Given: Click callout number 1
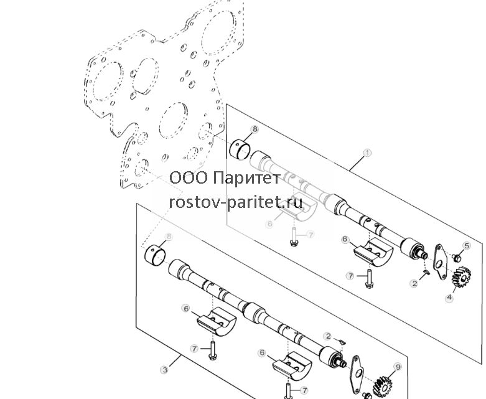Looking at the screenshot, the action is click(x=367, y=153).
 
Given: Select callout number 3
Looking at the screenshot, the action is click(x=164, y=370).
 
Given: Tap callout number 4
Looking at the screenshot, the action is click(x=449, y=298).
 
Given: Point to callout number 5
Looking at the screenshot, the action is click(x=467, y=246).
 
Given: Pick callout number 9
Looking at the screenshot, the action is click(x=398, y=367).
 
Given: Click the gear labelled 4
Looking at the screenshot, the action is click(x=461, y=276).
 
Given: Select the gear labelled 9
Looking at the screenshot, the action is click(x=383, y=386).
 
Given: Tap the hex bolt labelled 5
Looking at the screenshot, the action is click(x=457, y=257).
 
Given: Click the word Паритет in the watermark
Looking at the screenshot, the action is click(x=247, y=178).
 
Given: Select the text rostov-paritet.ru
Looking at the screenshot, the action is click(x=236, y=202).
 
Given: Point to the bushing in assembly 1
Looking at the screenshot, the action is click(x=240, y=149).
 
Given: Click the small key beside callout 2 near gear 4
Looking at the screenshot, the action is click(x=426, y=272).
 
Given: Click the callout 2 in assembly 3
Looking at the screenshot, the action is click(x=328, y=336).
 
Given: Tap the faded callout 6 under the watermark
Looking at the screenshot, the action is click(x=270, y=224).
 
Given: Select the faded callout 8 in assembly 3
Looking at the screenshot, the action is click(x=169, y=237).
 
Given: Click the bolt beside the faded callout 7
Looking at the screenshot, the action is click(x=294, y=237).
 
